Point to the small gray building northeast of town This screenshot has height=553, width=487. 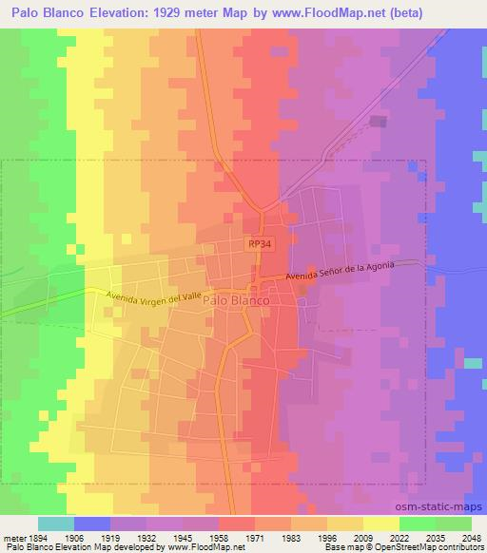tap(379, 122)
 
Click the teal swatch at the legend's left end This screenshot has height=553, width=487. tap(55, 523)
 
